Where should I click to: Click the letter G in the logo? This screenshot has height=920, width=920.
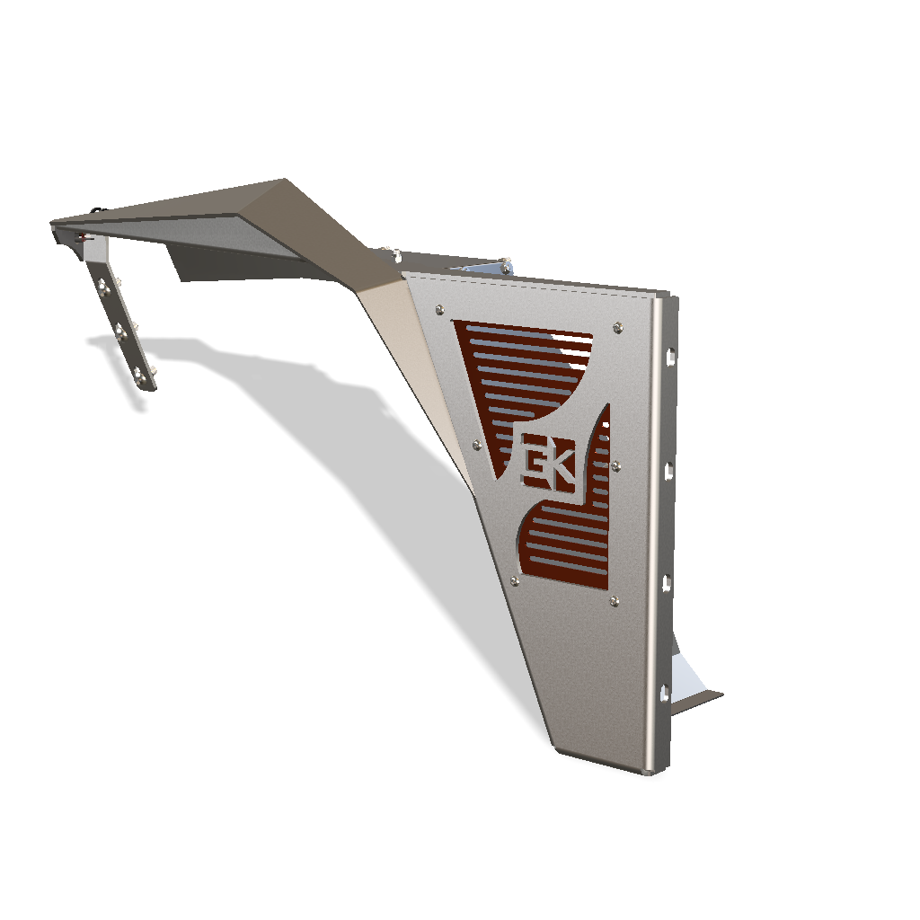535,460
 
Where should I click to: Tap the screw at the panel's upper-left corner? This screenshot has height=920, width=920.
439,309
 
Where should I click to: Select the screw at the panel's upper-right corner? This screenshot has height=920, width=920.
617,327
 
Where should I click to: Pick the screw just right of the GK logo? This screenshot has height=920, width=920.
616,466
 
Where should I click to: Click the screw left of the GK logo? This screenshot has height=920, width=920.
477,446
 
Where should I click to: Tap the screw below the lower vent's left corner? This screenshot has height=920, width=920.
515,581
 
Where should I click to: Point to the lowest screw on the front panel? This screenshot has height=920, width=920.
615,601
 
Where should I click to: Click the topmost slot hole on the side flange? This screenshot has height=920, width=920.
670,355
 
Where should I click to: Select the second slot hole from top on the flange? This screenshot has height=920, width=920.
668,471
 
